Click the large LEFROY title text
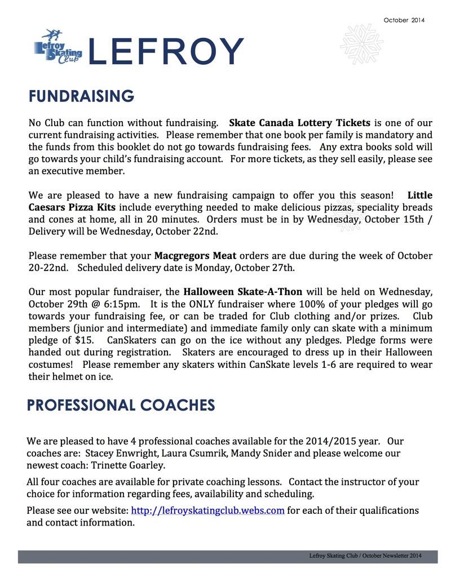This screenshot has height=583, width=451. [166, 51]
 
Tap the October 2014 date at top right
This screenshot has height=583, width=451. [404, 20]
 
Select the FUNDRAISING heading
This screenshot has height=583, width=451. [81, 96]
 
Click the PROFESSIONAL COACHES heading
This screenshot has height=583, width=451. [121, 405]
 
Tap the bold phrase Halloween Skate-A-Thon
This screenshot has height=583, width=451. [243, 292]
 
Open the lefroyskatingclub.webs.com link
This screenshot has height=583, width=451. [207, 511]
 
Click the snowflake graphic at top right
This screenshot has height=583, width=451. [362, 43]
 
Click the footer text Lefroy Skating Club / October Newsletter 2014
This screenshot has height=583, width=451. [365, 556]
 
